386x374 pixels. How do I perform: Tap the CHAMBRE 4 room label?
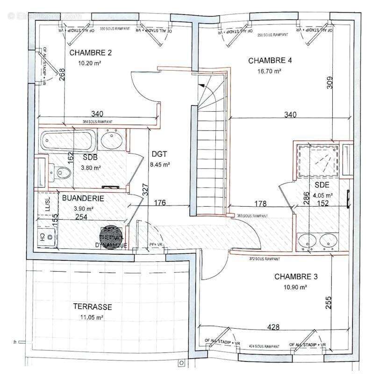(x=270, y=61)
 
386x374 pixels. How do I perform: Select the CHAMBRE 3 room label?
(x=296, y=277)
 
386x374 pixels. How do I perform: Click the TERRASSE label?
(x=92, y=307)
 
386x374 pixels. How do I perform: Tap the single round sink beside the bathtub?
(x=112, y=139)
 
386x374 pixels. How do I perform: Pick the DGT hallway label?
(x=159, y=154)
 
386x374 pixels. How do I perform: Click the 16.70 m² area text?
(x=269, y=72)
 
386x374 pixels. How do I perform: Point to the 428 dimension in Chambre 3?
(x=274, y=327)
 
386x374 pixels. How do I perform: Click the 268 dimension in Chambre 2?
(x=61, y=76)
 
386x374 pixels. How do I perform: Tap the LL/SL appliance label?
(x=47, y=204)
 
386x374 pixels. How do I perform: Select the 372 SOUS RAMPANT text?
(x=265, y=259)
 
